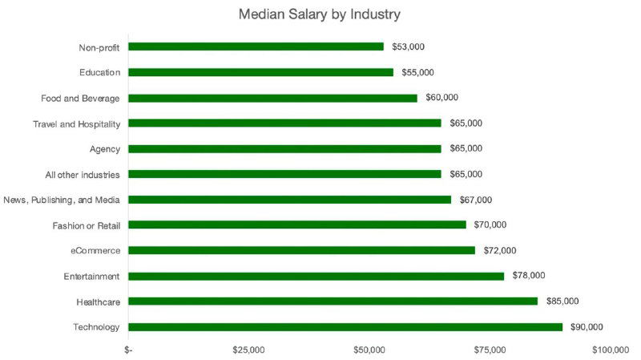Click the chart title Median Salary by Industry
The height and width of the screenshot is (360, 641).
320,14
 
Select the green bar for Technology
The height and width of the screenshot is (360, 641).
345,327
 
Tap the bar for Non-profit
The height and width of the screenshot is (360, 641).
256,47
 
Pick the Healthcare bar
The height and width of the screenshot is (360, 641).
333,301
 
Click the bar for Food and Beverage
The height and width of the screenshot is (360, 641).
272,98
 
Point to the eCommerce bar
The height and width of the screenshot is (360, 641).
301,250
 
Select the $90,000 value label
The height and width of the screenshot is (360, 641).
587,327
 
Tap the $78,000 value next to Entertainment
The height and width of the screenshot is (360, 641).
529,276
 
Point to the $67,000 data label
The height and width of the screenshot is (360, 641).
476,200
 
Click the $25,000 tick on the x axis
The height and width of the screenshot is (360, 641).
248,350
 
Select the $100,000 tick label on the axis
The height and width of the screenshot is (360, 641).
610,350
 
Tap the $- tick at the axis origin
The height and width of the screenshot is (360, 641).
129,350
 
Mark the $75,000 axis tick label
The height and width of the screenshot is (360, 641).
490,350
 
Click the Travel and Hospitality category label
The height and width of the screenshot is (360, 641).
77,123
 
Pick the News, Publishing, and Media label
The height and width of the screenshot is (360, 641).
62,200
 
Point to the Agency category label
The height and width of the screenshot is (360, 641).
104,149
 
